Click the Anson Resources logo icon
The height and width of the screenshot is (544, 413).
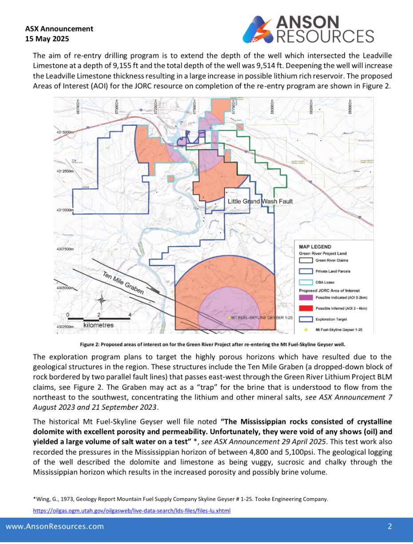pos(259,30)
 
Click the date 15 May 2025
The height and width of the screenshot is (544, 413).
pos(47,39)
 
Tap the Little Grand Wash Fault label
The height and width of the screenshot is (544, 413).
pos(260,201)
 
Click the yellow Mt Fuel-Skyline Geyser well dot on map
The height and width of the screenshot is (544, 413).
pos(229,318)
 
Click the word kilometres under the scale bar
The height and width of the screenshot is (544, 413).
pos(99,325)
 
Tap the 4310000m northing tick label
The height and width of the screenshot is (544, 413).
pos(64,210)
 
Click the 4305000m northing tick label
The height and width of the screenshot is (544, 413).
pos(64,288)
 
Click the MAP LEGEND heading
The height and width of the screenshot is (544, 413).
pos(315,247)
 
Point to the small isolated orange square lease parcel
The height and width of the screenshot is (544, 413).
pos(171,179)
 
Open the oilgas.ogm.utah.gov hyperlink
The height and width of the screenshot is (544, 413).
pos(131,511)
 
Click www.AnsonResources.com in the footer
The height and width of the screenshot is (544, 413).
pos(55,527)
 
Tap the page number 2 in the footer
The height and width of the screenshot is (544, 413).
pos(389,527)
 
